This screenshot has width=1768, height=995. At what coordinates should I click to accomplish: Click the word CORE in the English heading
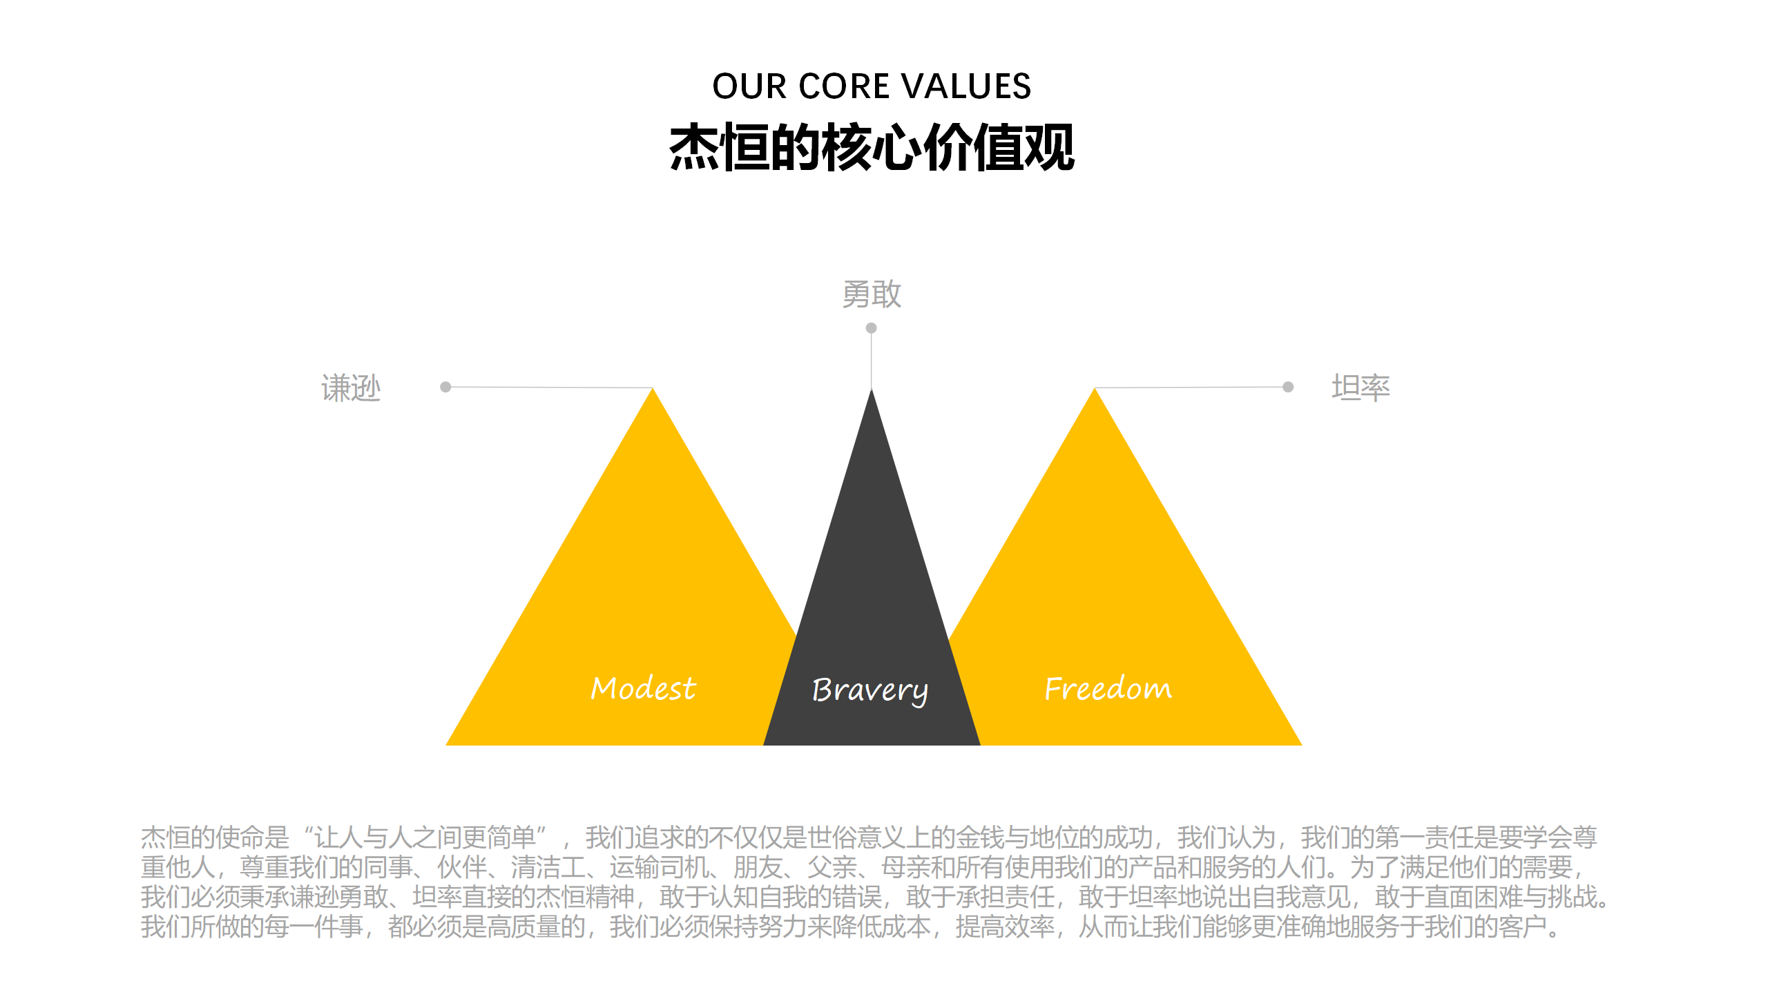[843, 86]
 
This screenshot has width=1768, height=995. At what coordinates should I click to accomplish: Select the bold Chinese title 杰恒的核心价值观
[872, 147]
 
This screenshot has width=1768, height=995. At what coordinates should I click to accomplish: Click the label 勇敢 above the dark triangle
[872, 294]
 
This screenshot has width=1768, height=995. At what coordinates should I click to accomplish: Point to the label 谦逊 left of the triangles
[351, 388]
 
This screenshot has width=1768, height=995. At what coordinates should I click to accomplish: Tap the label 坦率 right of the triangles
[1361, 388]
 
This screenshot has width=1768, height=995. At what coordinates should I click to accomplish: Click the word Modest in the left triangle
[644, 688]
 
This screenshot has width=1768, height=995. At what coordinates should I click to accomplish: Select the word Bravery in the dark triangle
[870, 690]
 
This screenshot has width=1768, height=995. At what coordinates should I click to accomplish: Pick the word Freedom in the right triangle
[1108, 688]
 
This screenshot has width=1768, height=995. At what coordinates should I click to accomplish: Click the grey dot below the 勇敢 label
[872, 328]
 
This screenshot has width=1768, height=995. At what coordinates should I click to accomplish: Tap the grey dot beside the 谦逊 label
[445, 387]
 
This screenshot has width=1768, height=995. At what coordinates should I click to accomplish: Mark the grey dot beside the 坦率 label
[1288, 387]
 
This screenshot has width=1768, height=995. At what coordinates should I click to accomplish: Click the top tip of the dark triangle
[872, 388]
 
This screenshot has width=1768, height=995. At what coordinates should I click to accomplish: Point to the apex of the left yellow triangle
[653, 388]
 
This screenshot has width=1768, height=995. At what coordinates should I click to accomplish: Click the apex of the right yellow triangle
[1095, 388]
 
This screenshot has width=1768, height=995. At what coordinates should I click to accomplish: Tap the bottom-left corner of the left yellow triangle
[446, 745]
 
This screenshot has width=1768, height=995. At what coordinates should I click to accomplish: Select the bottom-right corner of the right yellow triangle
[1302, 745]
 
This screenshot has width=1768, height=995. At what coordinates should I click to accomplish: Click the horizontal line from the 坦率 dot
[1191, 388]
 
